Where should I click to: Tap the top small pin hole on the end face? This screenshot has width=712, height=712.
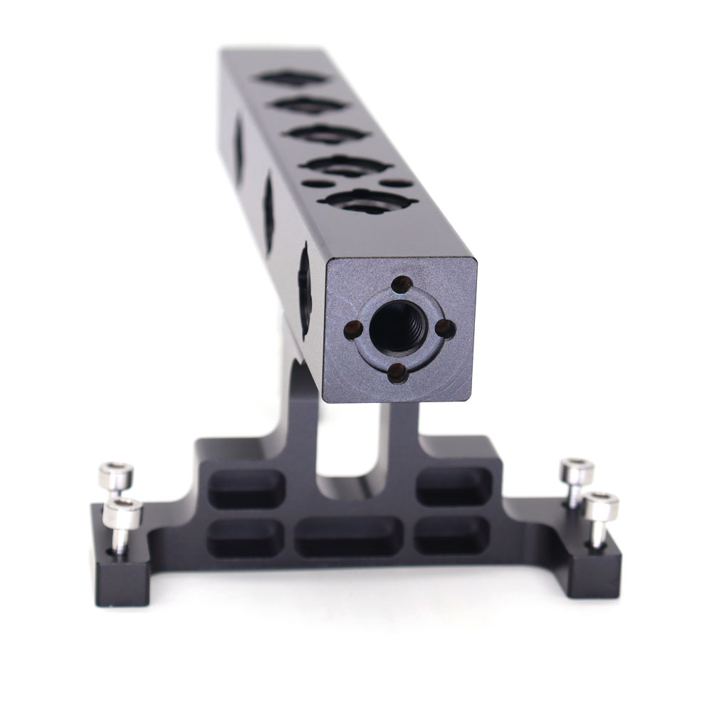click(402, 282)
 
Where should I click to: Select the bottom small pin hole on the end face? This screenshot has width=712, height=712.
click(397, 372)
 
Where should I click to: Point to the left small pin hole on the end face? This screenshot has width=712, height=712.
click(351, 328)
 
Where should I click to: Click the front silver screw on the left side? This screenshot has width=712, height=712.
click(122, 514)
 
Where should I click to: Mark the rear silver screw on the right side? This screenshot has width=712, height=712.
click(577, 471)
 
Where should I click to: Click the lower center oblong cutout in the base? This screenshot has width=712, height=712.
click(347, 535)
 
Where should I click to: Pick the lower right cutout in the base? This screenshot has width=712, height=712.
click(452, 535)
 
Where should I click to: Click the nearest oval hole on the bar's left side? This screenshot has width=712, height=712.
click(305, 288)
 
